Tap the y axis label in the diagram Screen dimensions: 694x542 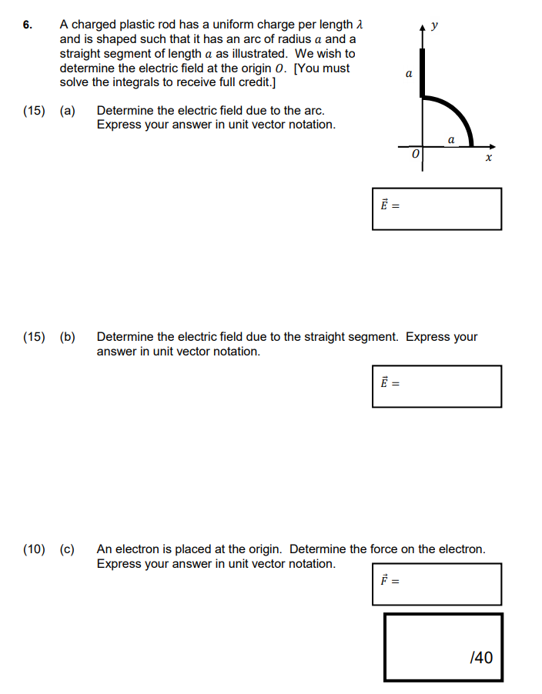pos(435,25)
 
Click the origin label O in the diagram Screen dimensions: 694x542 pos(416,155)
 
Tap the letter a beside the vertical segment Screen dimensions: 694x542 pos(408,74)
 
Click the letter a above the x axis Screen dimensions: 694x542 pos(450,138)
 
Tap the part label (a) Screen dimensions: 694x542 pos(68,111)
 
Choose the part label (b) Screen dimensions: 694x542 pos(68,337)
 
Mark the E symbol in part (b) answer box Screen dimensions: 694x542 pos(383,382)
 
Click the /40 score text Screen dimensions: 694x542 pos(480,657)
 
